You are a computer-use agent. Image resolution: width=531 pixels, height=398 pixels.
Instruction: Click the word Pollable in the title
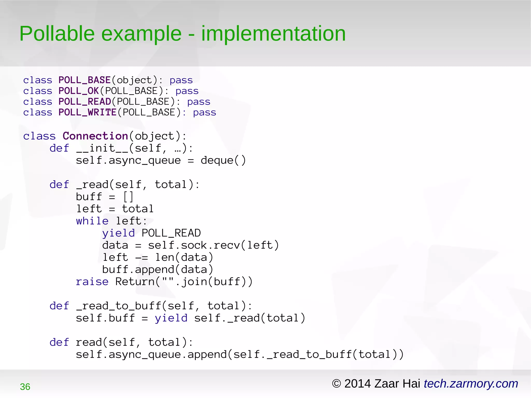(57, 34)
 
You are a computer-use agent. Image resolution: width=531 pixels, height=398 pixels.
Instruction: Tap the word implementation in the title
(273, 34)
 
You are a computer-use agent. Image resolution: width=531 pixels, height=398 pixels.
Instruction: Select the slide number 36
(25, 387)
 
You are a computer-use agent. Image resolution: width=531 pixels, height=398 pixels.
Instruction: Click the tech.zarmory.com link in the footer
(471, 383)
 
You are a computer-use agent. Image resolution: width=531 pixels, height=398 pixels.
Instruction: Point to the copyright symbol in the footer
(336, 383)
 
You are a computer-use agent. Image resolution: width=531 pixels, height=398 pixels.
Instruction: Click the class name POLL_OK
(79, 91)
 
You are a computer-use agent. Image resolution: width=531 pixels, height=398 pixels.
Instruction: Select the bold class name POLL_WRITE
(87, 113)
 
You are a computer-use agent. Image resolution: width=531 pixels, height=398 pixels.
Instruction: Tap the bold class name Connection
(95, 136)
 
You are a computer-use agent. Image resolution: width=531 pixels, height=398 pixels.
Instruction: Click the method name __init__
(102, 148)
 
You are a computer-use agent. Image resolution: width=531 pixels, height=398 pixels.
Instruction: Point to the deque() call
(223, 160)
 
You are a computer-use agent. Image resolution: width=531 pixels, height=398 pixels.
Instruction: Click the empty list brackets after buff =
(128, 197)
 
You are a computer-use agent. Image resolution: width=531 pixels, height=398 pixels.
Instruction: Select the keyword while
(92, 221)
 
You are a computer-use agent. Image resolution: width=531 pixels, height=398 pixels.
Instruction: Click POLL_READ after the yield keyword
(171, 233)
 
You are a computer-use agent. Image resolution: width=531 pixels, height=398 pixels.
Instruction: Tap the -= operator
(142, 257)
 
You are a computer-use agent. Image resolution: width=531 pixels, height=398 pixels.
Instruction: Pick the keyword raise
(92, 282)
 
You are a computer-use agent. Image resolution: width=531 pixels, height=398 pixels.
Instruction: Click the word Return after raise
(135, 282)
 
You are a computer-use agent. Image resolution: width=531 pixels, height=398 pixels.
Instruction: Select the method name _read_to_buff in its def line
(118, 306)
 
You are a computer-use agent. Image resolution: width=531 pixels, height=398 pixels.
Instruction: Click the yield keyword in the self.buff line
(171, 318)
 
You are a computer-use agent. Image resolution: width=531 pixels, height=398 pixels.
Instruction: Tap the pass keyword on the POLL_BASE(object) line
(181, 80)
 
